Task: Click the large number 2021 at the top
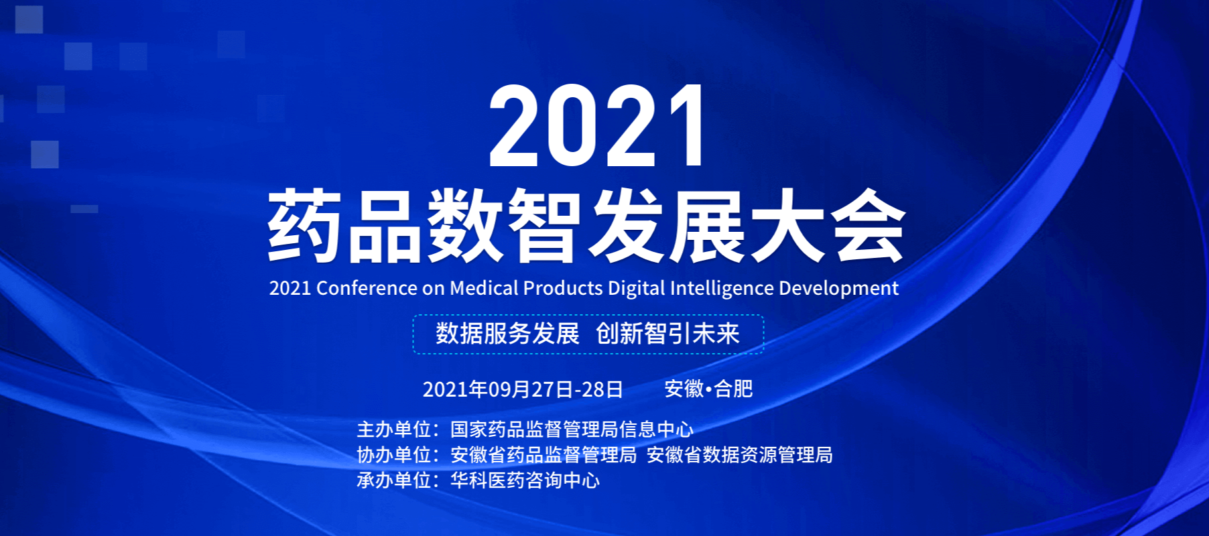pos(597,126)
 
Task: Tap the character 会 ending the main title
pos(869,225)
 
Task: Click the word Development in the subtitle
pos(838,289)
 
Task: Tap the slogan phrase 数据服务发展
pos(507,334)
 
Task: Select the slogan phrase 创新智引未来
pos(667,334)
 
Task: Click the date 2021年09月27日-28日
pos(523,389)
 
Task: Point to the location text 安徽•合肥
pos(708,389)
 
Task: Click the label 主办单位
pos(393,429)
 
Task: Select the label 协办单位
pos(393,455)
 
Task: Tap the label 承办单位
pos(393,480)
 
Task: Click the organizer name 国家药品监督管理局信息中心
pos(572,429)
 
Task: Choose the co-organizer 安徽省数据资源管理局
pos(739,455)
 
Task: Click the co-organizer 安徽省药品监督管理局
pos(544,455)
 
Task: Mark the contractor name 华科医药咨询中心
pos(525,480)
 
